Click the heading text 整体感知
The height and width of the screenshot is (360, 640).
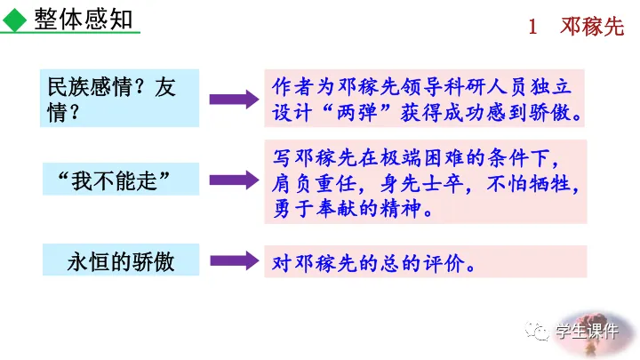85,19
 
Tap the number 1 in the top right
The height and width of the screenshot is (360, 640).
532,27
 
